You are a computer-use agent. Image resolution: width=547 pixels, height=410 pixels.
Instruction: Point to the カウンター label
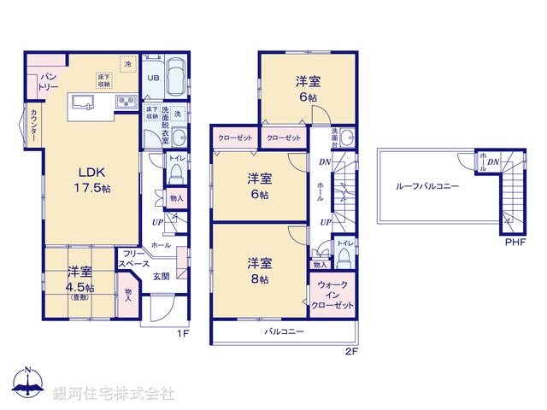click(32, 126)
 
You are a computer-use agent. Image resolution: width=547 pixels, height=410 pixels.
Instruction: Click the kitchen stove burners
click(123, 102)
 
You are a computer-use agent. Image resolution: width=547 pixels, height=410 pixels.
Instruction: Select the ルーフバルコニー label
click(426, 187)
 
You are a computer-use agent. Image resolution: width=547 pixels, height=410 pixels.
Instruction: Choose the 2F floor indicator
click(351, 351)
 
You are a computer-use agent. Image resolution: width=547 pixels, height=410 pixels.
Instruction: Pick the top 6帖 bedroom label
click(308, 88)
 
